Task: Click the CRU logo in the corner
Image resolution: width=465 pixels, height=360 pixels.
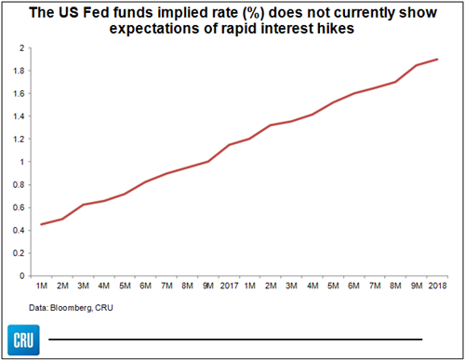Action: (23, 340)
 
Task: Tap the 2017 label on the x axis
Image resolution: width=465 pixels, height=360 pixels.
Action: (229, 286)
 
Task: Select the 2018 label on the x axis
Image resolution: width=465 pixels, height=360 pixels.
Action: (437, 286)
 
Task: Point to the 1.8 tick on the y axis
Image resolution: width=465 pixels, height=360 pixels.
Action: (19, 71)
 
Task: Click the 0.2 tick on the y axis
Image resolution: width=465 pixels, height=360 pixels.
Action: (19, 253)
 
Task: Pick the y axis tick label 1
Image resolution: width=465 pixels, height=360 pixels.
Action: (22, 162)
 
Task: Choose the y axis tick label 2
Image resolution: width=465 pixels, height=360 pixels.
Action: (21, 48)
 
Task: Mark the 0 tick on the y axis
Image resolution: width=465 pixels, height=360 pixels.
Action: (21, 275)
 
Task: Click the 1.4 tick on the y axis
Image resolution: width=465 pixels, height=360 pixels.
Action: (19, 116)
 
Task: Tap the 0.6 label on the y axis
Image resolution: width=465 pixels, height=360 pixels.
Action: (19, 207)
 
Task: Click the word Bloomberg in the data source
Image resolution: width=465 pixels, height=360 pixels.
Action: (71, 308)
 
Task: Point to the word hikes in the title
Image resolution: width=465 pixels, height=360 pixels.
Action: (336, 29)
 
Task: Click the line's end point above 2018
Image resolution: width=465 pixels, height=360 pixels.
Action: (437, 59)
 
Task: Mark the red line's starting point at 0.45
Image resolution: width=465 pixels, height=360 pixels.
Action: (42, 224)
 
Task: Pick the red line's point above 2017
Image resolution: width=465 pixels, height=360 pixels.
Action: (229, 145)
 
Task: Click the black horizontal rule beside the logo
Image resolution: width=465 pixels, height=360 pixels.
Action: (235, 340)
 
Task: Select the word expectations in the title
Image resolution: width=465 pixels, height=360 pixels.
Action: (154, 29)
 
